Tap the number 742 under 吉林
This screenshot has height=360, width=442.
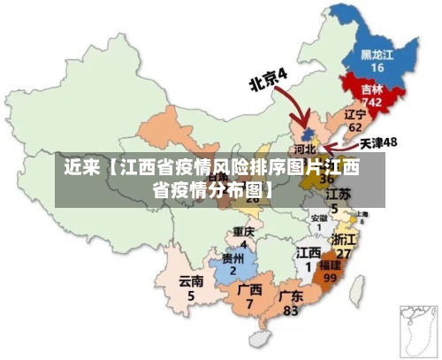pyautogui.click(x=372, y=103)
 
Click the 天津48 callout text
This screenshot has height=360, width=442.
pyautogui.click(x=378, y=142)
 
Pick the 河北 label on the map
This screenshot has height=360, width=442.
pyautogui.click(x=304, y=149)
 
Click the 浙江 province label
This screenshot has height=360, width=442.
pyautogui.click(x=343, y=240)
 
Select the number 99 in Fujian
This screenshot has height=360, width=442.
pyautogui.click(x=331, y=277)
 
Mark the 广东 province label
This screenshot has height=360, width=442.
pyautogui.click(x=291, y=296)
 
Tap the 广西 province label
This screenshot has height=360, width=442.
pyautogui.click(x=250, y=289)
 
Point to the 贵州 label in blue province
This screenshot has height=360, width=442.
pyautogui.click(x=233, y=258)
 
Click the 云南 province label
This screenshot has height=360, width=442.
pyautogui.click(x=191, y=281)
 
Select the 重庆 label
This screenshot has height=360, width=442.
pyautogui.click(x=244, y=232)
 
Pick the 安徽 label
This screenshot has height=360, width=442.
pyautogui.click(x=318, y=218)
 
